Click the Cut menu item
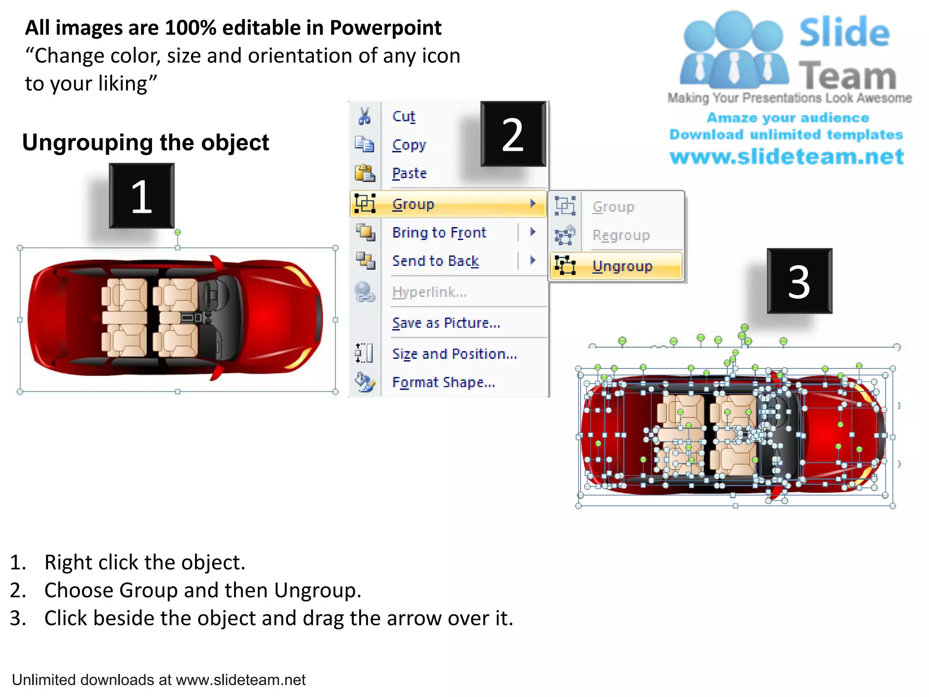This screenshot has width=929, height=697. pyautogui.click(x=404, y=116)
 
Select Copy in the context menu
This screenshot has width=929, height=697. pyautogui.click(x=409, y=145)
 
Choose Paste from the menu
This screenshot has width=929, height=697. pyautogui.click(x=409, y=173)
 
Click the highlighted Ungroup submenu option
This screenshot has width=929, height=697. pyautogui.click(x=622, y=266)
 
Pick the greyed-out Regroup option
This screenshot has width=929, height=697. pyautogui.click(x=621, y=235)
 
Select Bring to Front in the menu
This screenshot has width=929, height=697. pyautogui.click(x=439, y=232)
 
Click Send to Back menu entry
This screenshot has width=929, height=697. pyautogui.click(x=435, y=261)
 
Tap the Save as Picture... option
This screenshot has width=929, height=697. pyautogui.click(x=446, y=323)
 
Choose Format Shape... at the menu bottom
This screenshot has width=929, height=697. pyautogui.click(x=443, y=382)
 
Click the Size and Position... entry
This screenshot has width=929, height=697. pyautogui.click(x=454, y=353)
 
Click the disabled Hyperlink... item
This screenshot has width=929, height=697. pyautogui.click(x=429, y=292)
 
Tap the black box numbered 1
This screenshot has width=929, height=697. pyautogui.click(x=142, y=196)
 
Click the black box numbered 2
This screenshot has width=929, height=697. pyautogui.click(x=513, y=134)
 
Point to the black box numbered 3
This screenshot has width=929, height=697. pyautogui.click(x=799, y=281)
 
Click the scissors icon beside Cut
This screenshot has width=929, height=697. pyautogui.click(x=364, y=116)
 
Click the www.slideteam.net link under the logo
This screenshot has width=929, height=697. pyautogui.click(x=787, y=157)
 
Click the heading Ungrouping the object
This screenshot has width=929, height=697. pyautogui.click(x=146, y=142)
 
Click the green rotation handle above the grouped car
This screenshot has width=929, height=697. pyautogui.click(x=178, y=232)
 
